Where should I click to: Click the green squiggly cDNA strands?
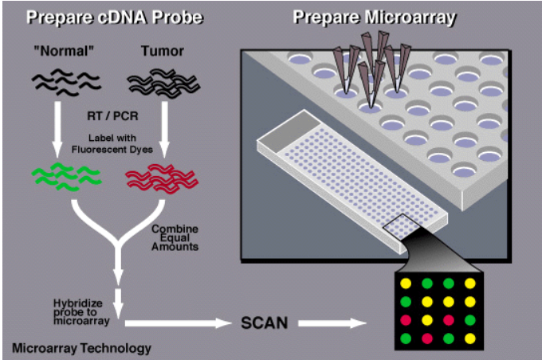(x=65, y=176)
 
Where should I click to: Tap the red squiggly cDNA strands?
(x=155, y=176)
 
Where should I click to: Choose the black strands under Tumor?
(x=157, y=80)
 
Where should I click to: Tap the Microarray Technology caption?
(x=81, y=347)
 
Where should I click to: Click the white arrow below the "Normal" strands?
(x=57, y=123)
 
